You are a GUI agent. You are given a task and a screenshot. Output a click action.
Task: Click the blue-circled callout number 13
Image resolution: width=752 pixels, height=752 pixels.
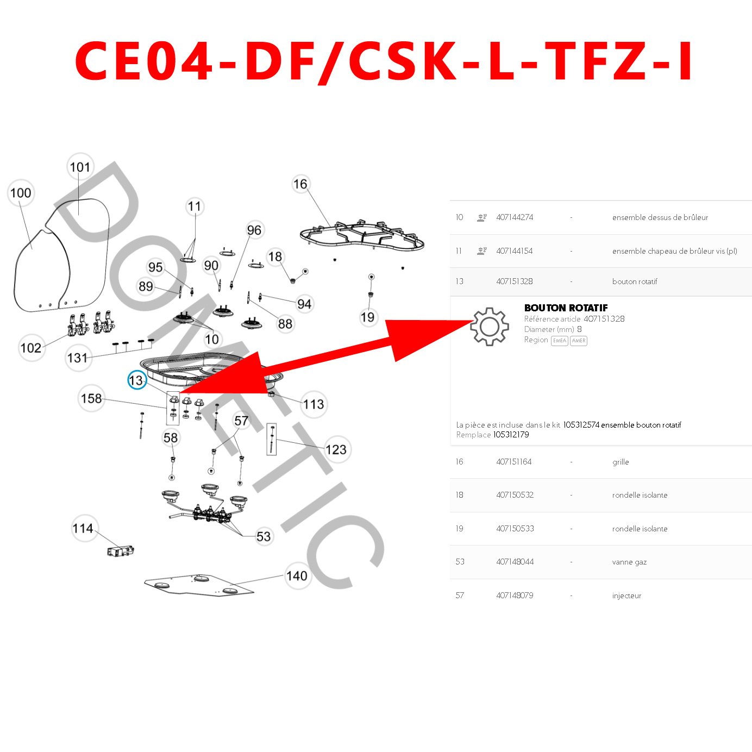(136, 380)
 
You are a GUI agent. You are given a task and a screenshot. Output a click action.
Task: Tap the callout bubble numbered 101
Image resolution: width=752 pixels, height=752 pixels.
(80, 167)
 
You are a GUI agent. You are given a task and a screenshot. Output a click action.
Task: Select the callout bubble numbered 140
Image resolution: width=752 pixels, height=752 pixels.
(297, 576)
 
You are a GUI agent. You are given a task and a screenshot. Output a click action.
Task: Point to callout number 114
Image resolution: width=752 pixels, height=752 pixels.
(83, 528)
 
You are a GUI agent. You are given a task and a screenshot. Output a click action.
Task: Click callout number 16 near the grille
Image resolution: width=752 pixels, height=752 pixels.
(300, 184)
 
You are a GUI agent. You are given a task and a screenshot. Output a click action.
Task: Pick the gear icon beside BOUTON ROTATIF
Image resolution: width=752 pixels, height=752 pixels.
(489, 327)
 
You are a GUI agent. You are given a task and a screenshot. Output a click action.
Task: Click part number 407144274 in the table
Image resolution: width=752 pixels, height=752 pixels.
(514, 217)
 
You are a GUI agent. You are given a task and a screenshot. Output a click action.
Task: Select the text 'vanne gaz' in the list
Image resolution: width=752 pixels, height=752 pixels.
(629, 562)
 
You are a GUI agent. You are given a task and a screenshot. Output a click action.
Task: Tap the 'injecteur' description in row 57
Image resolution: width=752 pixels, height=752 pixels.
(626, 596)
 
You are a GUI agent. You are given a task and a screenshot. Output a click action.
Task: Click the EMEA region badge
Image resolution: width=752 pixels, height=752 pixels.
(559, 341)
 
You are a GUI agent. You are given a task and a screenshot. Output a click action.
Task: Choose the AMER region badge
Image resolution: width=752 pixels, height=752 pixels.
(579, 341)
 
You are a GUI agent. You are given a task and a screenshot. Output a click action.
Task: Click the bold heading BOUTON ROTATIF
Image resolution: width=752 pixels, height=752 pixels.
(566, 308)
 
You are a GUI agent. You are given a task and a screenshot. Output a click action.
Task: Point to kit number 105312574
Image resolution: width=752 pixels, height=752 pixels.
(581, 425)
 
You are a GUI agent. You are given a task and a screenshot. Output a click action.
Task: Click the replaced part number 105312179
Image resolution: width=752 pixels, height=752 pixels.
(511, 435)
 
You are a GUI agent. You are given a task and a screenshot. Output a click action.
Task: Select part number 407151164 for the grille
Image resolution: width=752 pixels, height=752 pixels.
(513, 462)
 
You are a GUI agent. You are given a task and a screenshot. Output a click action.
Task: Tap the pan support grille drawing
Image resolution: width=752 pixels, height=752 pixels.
(361, 236)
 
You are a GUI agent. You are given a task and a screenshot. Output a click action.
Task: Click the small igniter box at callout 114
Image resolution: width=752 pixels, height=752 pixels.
(121, 552)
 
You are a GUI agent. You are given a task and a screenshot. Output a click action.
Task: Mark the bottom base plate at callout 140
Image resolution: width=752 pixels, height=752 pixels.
(199, 586)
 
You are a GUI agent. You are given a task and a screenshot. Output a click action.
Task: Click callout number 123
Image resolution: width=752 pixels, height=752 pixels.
(336, 450)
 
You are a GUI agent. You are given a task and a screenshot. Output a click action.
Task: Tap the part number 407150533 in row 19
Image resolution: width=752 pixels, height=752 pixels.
(515, 529)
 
